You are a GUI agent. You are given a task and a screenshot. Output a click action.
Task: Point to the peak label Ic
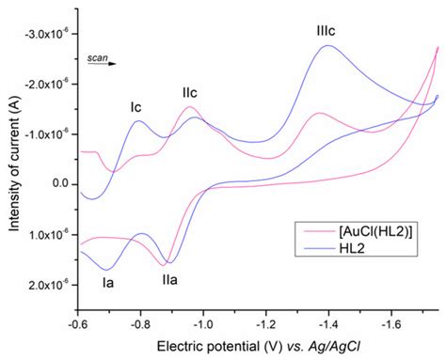click(136, 107)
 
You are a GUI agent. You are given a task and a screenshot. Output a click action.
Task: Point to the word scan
click(96, 56)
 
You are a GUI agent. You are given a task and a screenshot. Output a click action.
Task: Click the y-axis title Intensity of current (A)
click(11, 160)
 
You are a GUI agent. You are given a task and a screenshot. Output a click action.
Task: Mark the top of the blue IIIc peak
click(327, 45)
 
